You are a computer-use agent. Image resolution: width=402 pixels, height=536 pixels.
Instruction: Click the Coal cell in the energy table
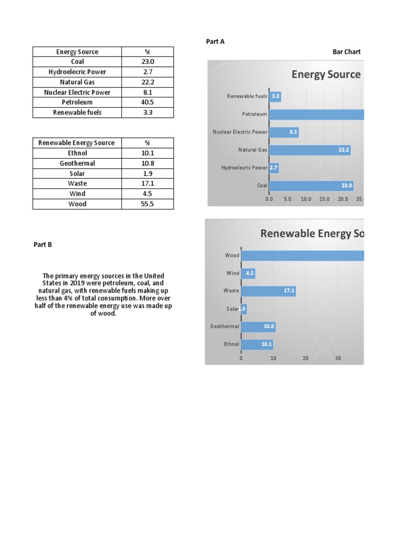77,62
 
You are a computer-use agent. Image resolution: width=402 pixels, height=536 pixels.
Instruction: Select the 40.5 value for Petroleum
148,102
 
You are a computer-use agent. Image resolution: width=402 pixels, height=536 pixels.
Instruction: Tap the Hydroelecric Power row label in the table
77,72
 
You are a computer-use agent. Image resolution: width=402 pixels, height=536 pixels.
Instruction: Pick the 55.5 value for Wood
148,204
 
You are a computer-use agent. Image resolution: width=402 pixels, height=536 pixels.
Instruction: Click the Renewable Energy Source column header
77,143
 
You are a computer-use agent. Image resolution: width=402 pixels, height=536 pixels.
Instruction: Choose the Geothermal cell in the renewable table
77,163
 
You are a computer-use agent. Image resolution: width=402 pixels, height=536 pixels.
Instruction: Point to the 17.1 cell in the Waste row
148,183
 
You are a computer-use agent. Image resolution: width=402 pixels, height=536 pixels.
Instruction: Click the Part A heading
215,42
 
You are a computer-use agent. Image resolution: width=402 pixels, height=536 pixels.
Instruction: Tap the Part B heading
43,244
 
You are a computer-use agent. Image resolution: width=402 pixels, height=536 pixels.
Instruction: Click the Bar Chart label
347,52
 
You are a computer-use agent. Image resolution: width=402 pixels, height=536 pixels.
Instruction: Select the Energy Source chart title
326,74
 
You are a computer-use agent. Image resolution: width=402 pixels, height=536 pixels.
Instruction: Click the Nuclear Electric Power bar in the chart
284,132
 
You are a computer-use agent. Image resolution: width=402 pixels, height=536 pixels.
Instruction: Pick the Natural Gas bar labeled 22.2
310,150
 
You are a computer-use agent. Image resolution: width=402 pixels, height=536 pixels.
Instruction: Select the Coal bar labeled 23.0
311,185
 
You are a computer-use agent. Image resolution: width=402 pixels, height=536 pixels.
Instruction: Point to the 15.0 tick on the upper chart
325,199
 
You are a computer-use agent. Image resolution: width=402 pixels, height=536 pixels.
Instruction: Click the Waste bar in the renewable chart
269,291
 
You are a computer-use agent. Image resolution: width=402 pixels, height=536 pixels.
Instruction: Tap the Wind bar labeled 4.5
249,273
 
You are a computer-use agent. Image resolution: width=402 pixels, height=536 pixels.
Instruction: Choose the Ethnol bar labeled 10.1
257,344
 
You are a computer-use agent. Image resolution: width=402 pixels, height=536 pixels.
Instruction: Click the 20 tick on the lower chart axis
306,359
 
